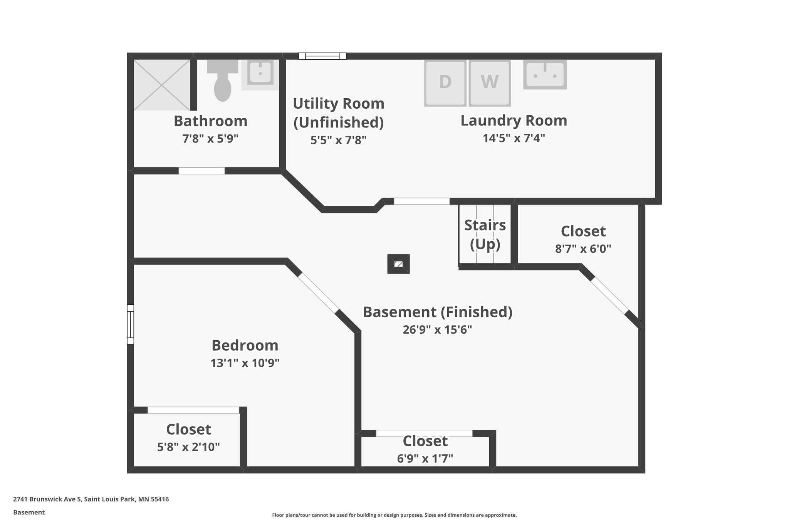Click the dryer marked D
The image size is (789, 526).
point(445,82)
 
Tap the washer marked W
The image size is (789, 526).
point(490,82)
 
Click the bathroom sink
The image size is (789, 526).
point(260,73)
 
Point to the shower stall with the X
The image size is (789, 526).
point(162,85)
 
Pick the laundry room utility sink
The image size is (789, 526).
point(545,74)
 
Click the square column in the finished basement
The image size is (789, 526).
point(398,264)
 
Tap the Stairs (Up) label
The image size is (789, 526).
point(485,234)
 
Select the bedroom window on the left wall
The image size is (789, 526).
point(130,324)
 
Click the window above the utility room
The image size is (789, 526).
point(322,56)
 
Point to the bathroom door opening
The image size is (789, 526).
point(201,171)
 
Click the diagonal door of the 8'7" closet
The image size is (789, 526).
point(609,295)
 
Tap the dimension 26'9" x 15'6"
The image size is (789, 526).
point(437,330)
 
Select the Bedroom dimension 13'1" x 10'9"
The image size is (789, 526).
point(245,363)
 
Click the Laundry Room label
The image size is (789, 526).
point(514,121)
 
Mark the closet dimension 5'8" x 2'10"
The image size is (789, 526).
point(188,447)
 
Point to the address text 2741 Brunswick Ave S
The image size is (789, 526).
point(47,499)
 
